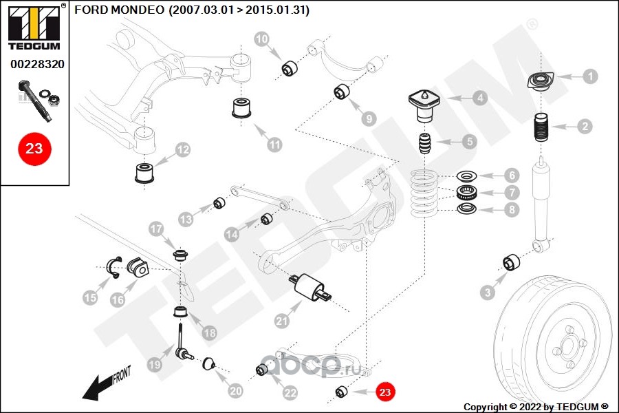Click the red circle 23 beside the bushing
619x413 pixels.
pos(384,392)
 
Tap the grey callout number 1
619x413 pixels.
pos(590,76)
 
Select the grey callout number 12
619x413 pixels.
pos(183,150)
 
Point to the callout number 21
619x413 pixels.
pos(281,321)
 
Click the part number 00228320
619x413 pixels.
pos(37,64)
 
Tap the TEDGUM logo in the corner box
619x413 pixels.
pos(34,28)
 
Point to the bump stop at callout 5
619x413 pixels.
pos(426,143)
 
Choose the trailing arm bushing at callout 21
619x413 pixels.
pos(311,288)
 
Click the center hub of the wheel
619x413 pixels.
pos(567,345)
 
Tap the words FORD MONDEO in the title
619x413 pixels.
pos(119,10)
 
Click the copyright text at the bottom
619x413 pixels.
pos(536,406)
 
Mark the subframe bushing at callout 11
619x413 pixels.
pos(241,107)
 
